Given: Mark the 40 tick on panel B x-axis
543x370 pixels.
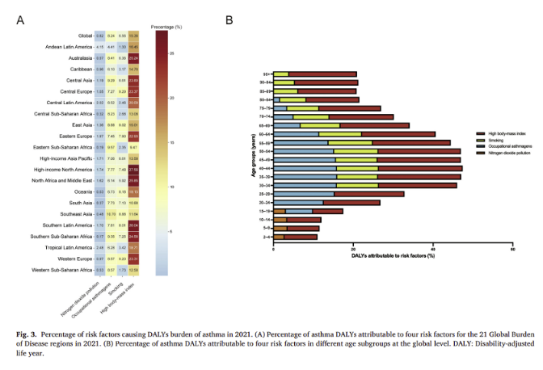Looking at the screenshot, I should coord(433,249).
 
